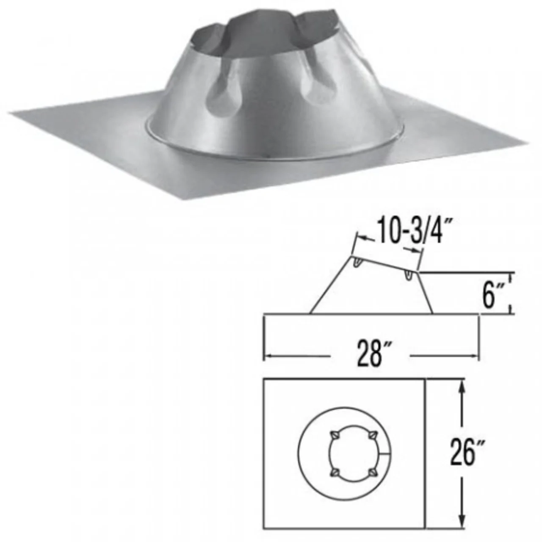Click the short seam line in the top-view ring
click(385, 454)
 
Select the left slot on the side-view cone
click(357, 263)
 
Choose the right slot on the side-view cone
click(408, 275)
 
